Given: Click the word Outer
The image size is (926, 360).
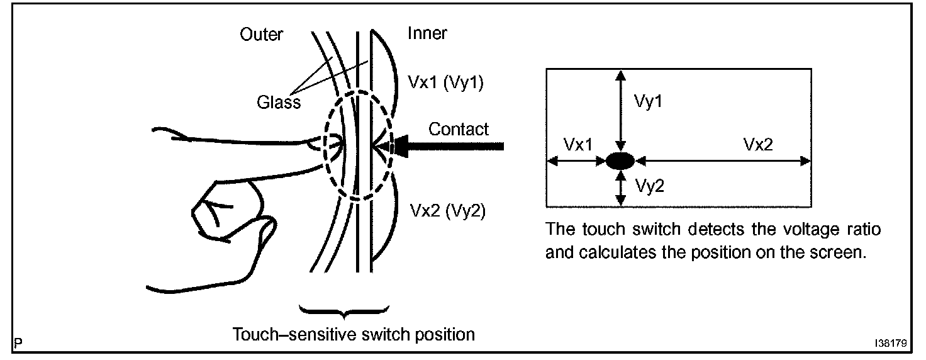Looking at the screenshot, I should pos(261,35).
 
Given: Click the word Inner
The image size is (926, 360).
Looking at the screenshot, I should pos(427,33).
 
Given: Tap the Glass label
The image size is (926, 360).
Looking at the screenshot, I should pos(279,101).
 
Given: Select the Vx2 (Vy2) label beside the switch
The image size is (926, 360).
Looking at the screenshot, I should pos(447,211).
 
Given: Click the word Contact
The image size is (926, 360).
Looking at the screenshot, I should pos(459,130).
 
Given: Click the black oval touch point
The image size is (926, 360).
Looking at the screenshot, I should pos(621,161).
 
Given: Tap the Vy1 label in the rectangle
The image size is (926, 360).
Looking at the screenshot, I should pos(648,101).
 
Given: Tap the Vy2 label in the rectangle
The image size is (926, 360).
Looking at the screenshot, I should pos(648,186).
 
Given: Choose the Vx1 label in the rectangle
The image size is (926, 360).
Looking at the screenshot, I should pos(577,144).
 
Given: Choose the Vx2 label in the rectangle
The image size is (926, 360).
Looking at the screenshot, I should pos(757,144).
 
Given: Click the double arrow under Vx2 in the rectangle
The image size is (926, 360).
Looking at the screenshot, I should pos(723,161).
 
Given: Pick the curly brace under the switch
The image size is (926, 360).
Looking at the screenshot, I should pos(343,310).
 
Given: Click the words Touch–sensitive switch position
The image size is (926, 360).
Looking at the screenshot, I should pos(354,334).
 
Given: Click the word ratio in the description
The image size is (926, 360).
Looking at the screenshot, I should pos(864,228).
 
